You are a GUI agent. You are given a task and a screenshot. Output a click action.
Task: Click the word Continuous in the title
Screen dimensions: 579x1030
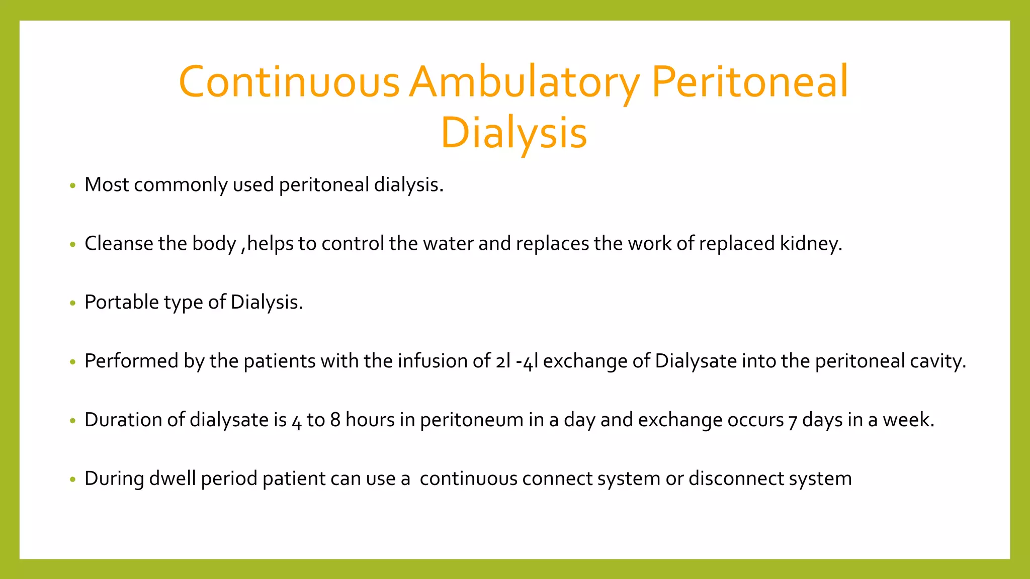coord(289,81)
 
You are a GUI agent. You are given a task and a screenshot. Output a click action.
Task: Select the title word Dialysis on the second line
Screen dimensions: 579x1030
coord(513,133)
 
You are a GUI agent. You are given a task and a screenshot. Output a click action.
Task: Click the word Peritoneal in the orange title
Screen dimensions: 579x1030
coord(750,81)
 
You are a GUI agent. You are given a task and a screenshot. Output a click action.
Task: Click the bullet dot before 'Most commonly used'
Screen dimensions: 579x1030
coord(73,186)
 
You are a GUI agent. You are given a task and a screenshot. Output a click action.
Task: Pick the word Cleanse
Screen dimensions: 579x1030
coord(119,243)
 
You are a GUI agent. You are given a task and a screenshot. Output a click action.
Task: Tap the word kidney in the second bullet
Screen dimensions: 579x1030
coord(810,244)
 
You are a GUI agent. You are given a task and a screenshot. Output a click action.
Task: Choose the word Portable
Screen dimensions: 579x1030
coord(122,302)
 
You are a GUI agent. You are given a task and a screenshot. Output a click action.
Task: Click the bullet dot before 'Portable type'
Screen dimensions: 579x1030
coord(73,303)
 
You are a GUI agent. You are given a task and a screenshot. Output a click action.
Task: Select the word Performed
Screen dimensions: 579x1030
coord(131,361)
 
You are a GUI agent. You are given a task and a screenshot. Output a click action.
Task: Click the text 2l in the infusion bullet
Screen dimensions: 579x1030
coord(503,361)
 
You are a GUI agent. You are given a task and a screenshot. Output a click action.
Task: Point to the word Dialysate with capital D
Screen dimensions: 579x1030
coord(696,361)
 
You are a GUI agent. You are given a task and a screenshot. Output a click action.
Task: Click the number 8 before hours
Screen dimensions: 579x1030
coord(335,420)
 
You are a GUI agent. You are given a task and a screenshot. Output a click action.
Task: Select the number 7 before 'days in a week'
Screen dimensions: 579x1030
coord(793,420)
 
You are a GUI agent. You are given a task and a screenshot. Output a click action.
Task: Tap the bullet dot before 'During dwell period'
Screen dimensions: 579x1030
coord(73,479)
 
